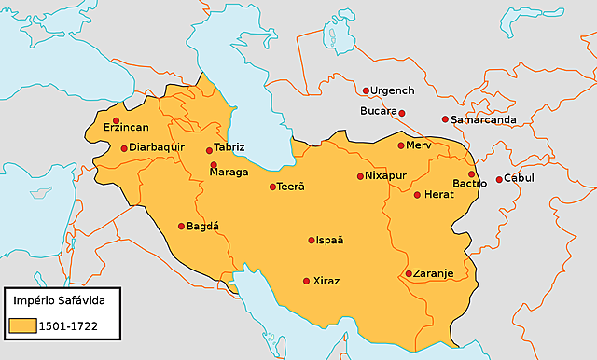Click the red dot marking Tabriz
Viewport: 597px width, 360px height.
[x=209, y=150]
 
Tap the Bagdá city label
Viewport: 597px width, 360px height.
[x=202, y=227]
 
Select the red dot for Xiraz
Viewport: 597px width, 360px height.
[x=306, y=281]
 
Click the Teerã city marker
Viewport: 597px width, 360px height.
[x=272, y=187]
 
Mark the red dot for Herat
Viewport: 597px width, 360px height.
[x=417, y=195]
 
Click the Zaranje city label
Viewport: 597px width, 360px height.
[x=434, y=273]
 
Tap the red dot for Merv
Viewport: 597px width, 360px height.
[x=401, y=145]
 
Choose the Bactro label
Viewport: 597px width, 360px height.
[x=469, y=183]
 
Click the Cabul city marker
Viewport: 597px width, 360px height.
[x=499, y=179]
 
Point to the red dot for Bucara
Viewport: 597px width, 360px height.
[x=402, y=113]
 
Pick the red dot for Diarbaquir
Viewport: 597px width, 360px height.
[x=124, y=148]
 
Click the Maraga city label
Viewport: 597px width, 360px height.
[x=229, y=173]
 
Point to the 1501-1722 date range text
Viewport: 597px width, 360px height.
[x=70, y=326]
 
